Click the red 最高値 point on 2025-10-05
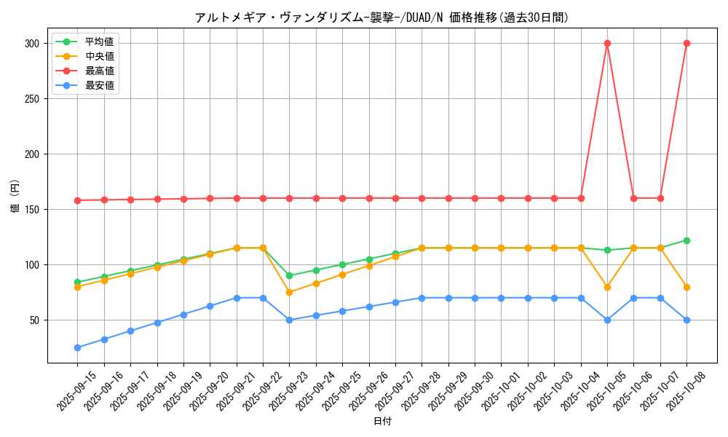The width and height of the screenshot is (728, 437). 607,43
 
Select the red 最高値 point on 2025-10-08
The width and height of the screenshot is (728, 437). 687,43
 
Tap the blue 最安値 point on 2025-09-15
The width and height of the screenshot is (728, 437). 77,347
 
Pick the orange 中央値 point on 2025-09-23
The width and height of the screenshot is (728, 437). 289,292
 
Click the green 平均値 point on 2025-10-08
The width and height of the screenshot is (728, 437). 687,240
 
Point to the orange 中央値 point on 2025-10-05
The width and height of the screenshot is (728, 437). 607,287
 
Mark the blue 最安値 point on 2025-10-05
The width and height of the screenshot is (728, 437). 607,320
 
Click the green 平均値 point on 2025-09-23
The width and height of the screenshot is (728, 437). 289,275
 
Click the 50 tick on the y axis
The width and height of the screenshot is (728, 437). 33,320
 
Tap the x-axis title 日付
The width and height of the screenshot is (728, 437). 382,422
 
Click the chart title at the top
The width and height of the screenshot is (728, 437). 381,17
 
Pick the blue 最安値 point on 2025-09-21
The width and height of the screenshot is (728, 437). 237,298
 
